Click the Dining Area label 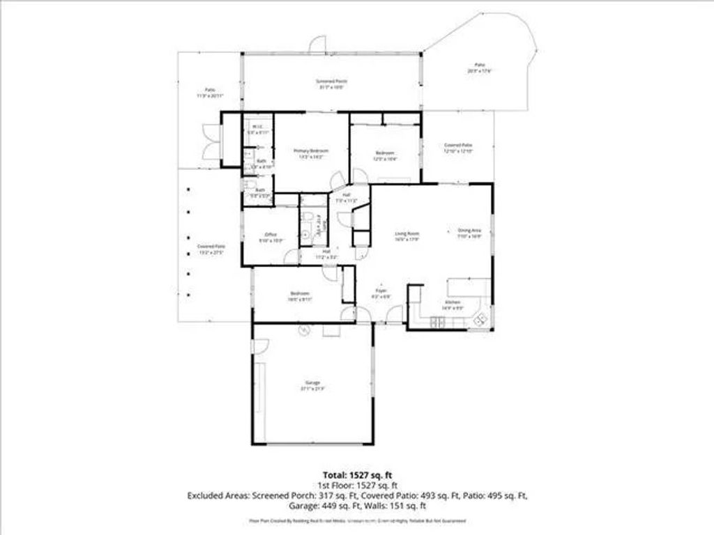coord(470,233)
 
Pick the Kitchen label coord(452,304)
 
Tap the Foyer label coord(381,293)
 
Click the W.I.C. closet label coord(257,129)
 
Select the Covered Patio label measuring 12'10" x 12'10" coord(458,148)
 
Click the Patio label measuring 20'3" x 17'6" coord(480,68)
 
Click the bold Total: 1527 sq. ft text coord(356,474)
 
